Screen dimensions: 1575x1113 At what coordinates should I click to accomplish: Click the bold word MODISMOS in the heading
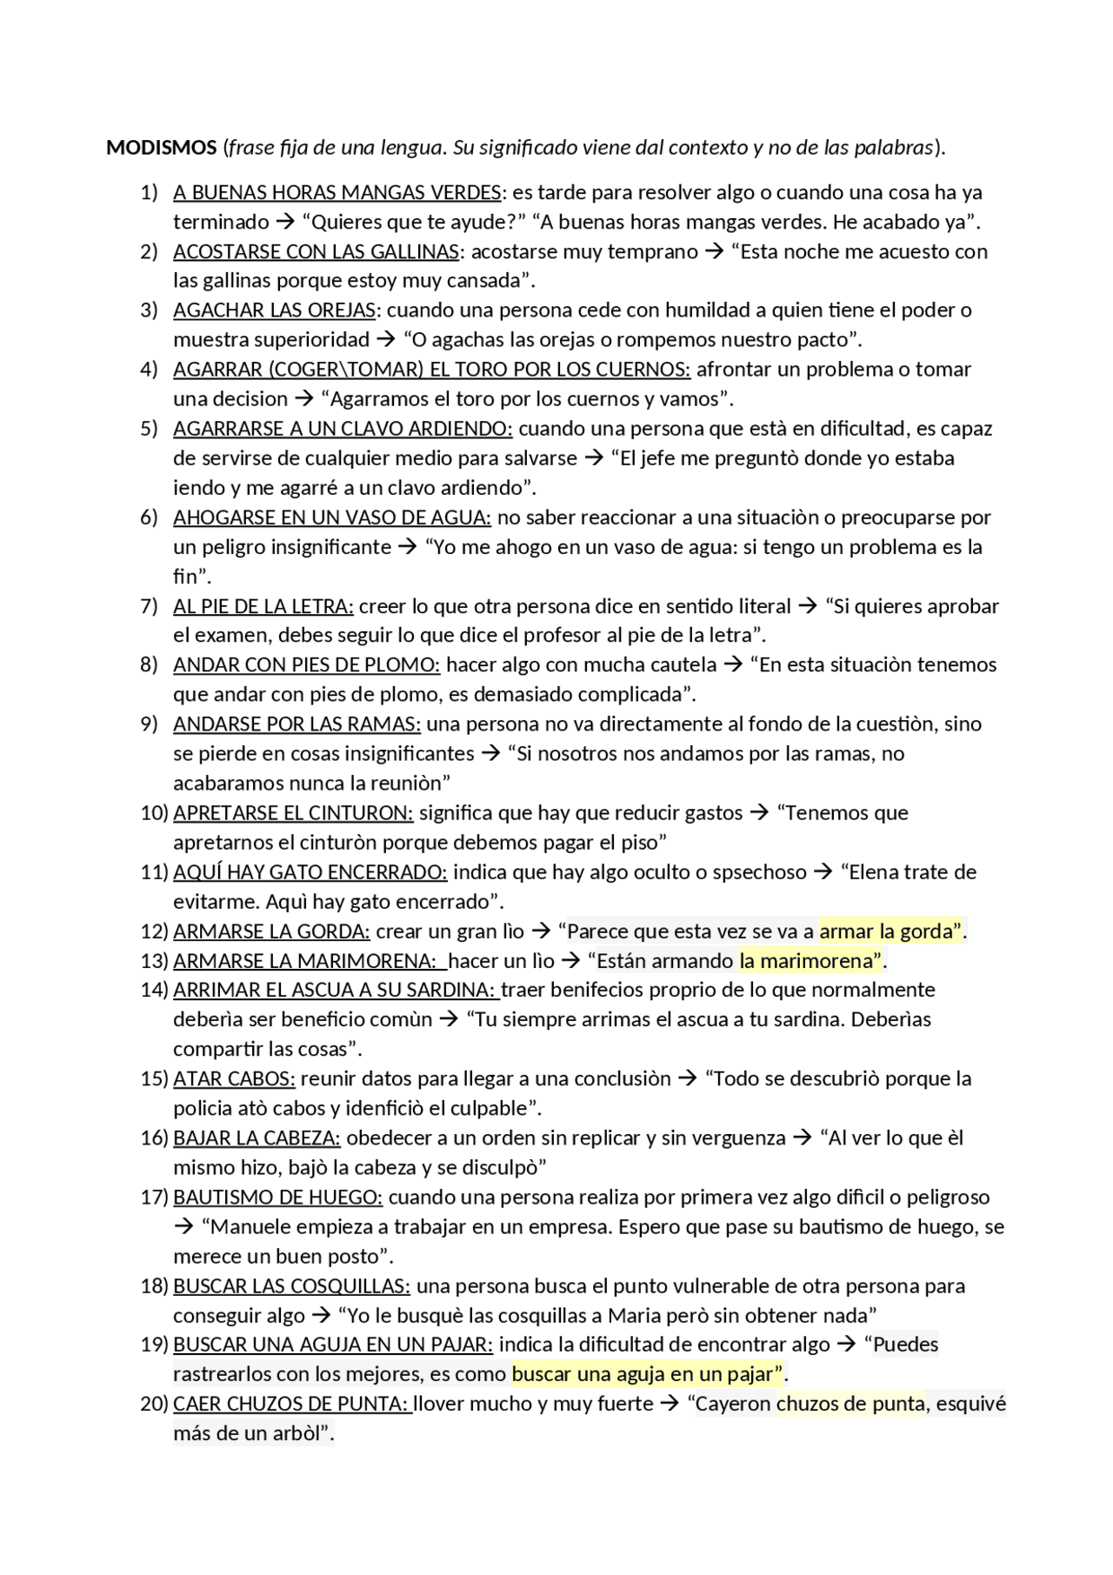(161, 148)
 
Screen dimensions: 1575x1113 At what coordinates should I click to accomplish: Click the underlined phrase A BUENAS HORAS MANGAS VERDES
(337, 192)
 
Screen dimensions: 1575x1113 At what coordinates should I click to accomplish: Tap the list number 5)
(149, 429)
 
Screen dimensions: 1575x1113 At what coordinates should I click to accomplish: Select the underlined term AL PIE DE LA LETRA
(263, 606)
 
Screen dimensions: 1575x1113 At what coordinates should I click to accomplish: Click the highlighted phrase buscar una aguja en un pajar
(647, 1374)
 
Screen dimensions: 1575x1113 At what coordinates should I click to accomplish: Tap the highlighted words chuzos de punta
(850, 1404)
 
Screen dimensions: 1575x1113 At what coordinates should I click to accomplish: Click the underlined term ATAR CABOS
(234, 1079)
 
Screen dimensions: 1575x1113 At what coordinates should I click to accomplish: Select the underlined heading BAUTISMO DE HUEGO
(277, 1198)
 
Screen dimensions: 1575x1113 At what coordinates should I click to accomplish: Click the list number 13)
(153, 961)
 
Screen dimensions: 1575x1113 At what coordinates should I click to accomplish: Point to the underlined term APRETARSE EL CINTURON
(293, 813)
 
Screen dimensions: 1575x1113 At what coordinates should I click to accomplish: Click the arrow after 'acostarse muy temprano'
(714, 252)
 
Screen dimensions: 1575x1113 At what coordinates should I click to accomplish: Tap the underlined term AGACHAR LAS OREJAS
(275, 310)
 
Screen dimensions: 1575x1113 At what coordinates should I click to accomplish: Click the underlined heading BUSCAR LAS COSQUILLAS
(291, 1286)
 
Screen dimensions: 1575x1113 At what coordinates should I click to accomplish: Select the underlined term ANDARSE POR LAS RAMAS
(297, 724)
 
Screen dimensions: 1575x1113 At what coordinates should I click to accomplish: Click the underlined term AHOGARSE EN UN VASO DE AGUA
(331, 517)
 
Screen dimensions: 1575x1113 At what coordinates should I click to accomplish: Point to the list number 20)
(153, 1404)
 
